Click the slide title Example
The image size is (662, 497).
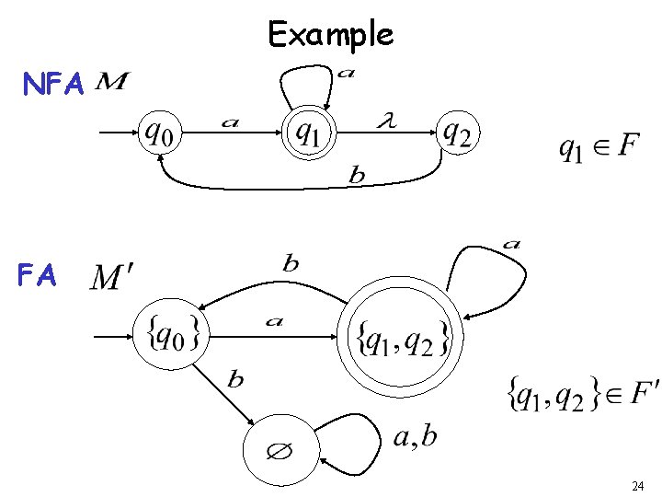pyautogui.click(x=330, y=34)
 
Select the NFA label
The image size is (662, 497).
pyautogui.click(x=54, y=86)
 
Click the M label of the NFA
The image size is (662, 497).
pyautogui.click(x=111, y=83)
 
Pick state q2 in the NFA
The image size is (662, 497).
pyautogui.click(x=457, y=134)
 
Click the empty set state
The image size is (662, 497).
pyautogui.click(x=280, y=453)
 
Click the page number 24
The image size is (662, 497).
pyautogui.click(x=637, y=485)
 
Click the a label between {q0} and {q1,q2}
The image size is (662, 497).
pyautogui.click(x=273, y=321)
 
